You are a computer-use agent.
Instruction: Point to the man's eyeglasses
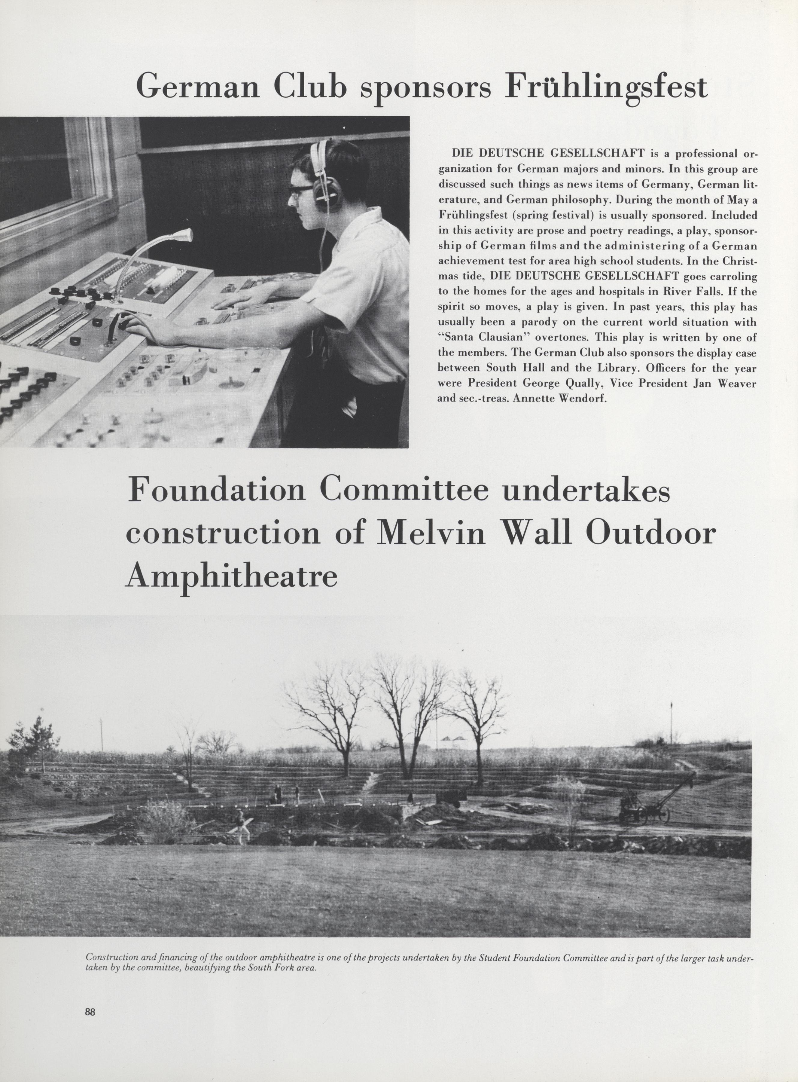300,189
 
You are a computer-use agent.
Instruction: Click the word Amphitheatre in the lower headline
231,576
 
